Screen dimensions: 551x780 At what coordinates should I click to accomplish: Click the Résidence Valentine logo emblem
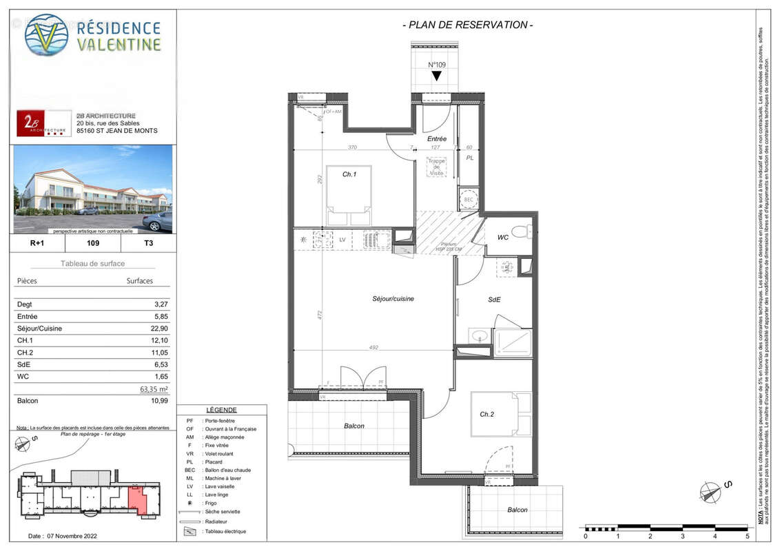(x=46, y=34)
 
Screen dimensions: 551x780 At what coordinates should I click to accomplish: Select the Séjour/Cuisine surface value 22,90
(x=159, y=329)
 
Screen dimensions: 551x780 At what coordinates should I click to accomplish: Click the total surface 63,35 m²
(x=154, y=389)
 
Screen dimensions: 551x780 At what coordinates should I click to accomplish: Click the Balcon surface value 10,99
(x=159, y=400)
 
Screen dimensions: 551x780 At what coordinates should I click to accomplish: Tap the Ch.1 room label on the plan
(x=349, y=174)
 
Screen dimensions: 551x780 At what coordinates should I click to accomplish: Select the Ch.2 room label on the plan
(x=487, y=414)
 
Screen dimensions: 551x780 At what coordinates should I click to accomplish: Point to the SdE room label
(x=494, y=300)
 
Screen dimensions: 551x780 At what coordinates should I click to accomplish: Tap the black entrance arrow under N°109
(x=436, y=76)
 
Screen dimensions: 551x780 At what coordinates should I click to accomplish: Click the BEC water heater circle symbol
(x=469, y=198)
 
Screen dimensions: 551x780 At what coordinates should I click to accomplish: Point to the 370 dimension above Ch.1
(x=351, y=147)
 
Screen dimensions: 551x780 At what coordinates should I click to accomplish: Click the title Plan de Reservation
(x=467, y=25)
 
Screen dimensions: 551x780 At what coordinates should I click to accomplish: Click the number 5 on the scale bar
(x=747, y=535)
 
